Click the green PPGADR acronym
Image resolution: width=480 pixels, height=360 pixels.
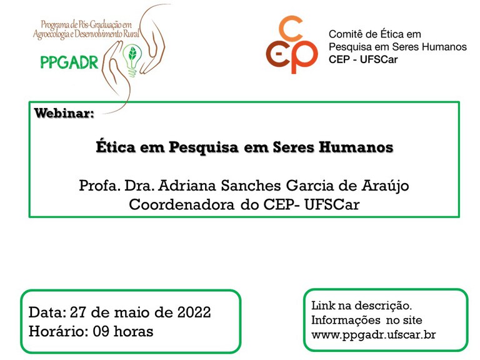[x=69, y=62]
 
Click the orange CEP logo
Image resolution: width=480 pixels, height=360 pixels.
[x=292, y=45]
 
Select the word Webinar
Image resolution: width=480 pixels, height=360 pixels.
[x=64, y=113]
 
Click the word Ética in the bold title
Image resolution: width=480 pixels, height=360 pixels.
[x=116, y=146]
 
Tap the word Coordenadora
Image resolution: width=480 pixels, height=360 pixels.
[x=181, y=204]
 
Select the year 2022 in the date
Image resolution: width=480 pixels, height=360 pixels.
[x=194, y=312]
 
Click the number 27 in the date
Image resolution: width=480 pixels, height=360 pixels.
[x=78, y=312]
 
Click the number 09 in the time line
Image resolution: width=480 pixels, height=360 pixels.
[x=101, y=331]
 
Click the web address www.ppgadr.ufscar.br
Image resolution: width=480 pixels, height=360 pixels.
[x=374, y=335]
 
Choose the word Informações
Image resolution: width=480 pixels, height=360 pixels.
[x=346, y=320]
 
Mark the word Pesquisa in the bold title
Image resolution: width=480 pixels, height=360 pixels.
[x=204, y=147]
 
